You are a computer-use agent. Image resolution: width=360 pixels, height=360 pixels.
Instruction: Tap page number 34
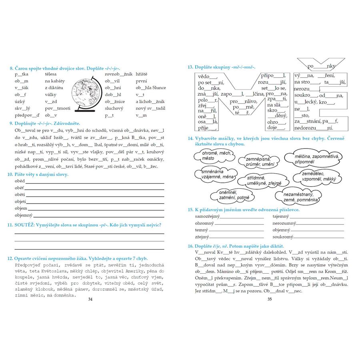90,298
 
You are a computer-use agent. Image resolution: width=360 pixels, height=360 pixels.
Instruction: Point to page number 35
269,298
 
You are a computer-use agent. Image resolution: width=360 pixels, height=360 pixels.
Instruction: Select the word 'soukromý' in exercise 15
282,236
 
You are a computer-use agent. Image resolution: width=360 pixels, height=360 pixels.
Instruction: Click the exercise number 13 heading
190,67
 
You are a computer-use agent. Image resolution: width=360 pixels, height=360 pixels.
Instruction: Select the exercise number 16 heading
190,246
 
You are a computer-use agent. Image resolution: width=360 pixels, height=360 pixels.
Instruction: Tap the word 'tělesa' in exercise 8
51,74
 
